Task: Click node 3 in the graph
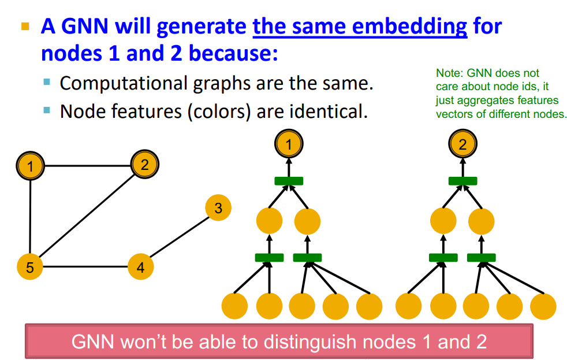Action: [x=218, y=207]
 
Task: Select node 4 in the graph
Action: [x=141, y=267]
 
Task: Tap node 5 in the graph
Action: [x=30, y=267]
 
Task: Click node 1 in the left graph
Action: [x=31, y=166]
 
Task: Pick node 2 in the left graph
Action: [x=145, y=165]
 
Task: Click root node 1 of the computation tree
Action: [x=289, y=144]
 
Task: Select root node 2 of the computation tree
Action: [x=462, y=144]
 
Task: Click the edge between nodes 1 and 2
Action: [x=88, y=166]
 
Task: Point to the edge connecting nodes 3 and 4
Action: [x=180, y=237]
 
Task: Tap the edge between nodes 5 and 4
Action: [x=85, y=267]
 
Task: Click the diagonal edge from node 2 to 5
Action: [x=87, y=216]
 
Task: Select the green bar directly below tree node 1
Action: [x=289, y=181]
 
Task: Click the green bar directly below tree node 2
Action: [x=462, y=181]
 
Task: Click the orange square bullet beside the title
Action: [x=25, y=26]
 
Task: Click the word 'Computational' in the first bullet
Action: [x=124, y=84]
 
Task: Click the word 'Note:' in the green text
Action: [x=449, y=73]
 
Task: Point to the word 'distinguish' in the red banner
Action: [x=310, y=342]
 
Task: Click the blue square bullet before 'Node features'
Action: [x=47, y=110]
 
